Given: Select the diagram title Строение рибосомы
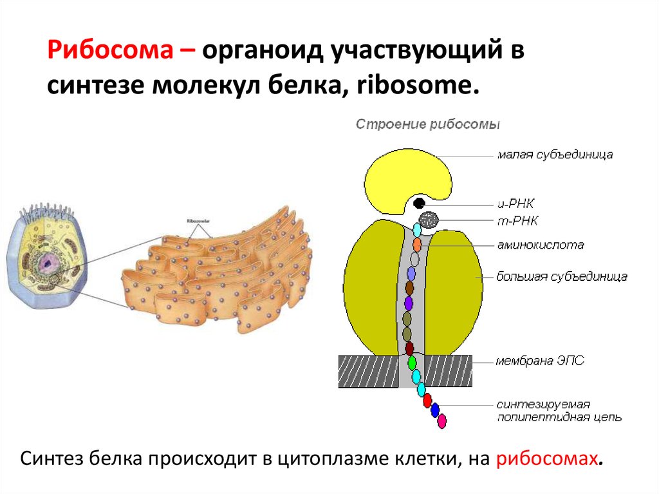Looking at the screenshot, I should (x=428, y=124).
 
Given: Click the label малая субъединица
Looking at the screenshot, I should (x=554, y=155).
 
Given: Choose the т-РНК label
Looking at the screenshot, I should (x=517, y=221).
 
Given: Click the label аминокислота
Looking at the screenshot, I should (x=540, y=245).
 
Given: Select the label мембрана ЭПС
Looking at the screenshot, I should (x=540, y=361).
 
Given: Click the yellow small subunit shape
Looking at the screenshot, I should (x=405, y=175).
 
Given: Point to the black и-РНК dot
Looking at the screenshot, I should (x=420, y=204).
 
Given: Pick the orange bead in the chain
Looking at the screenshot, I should (x=416, y=244).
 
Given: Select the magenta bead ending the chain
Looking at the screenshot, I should (x=441, y=421).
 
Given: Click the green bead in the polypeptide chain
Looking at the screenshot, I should (x=412, y=363).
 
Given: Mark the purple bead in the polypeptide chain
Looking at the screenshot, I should (x=408, y=302).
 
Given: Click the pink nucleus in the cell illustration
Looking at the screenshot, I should (x=47, y=261).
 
